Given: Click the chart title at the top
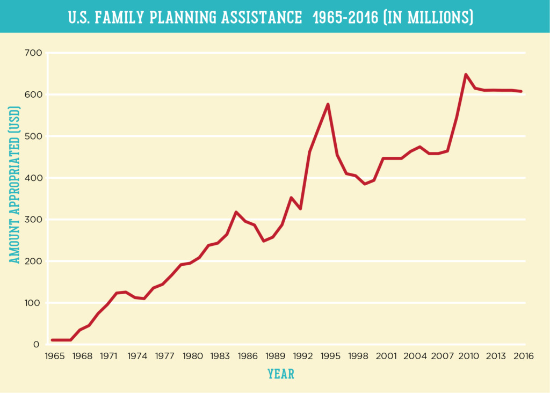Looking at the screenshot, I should (x=271, y=17).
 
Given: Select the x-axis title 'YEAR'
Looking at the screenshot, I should (x=281, y=374).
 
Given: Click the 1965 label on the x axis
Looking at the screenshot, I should (x=53, y=356).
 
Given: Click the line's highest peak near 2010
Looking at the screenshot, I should (x=466, y=75).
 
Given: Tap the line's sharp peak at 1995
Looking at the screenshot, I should (x=328, y=104).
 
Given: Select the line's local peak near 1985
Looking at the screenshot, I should (x=236, y=212).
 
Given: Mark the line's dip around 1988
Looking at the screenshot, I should (x=264, y=241).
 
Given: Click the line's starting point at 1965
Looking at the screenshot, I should (x=52, y=340).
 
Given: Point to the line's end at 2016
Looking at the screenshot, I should (x=521, y=91).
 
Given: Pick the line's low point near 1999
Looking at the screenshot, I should (x=365, y=184).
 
